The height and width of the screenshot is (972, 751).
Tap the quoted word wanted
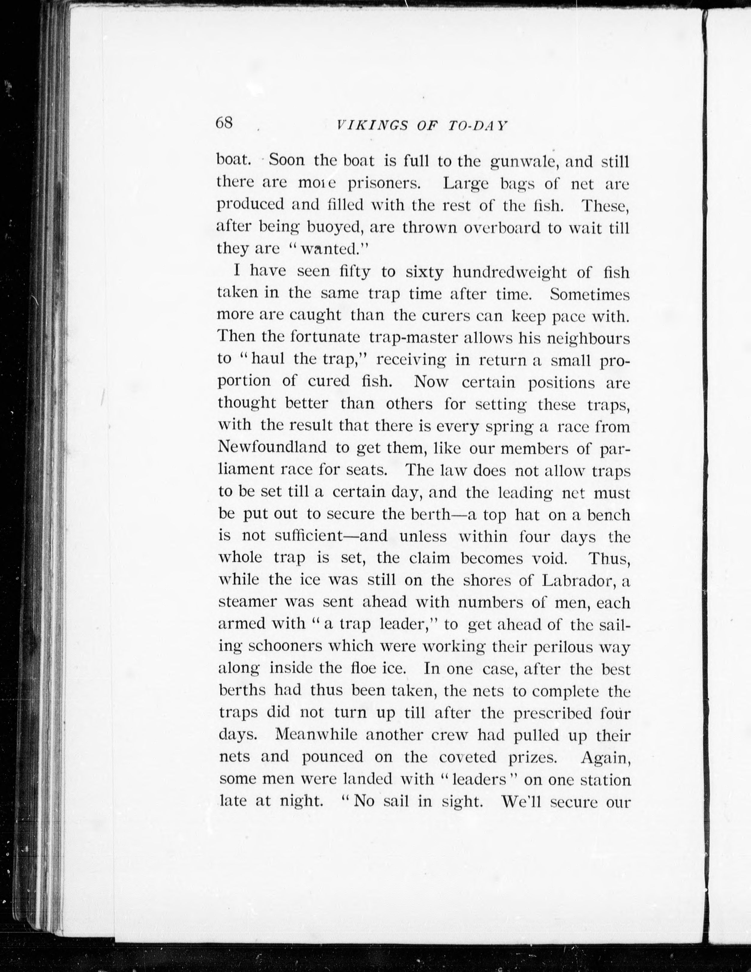click(x=336, y=249)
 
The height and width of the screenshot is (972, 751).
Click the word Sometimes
click(x=590, y=295)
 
